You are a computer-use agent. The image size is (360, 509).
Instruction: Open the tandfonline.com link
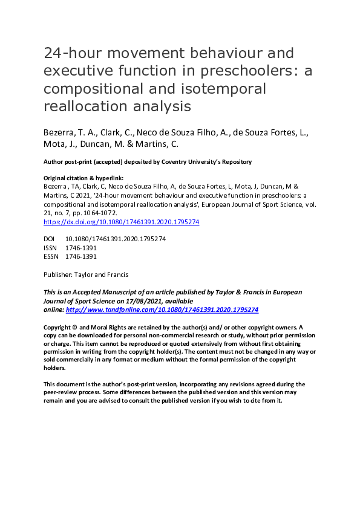(x=162, y=309)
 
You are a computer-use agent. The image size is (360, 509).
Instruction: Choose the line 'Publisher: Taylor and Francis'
(x=86, y=274)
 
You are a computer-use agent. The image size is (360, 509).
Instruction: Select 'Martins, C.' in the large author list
(x=161, y=145)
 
